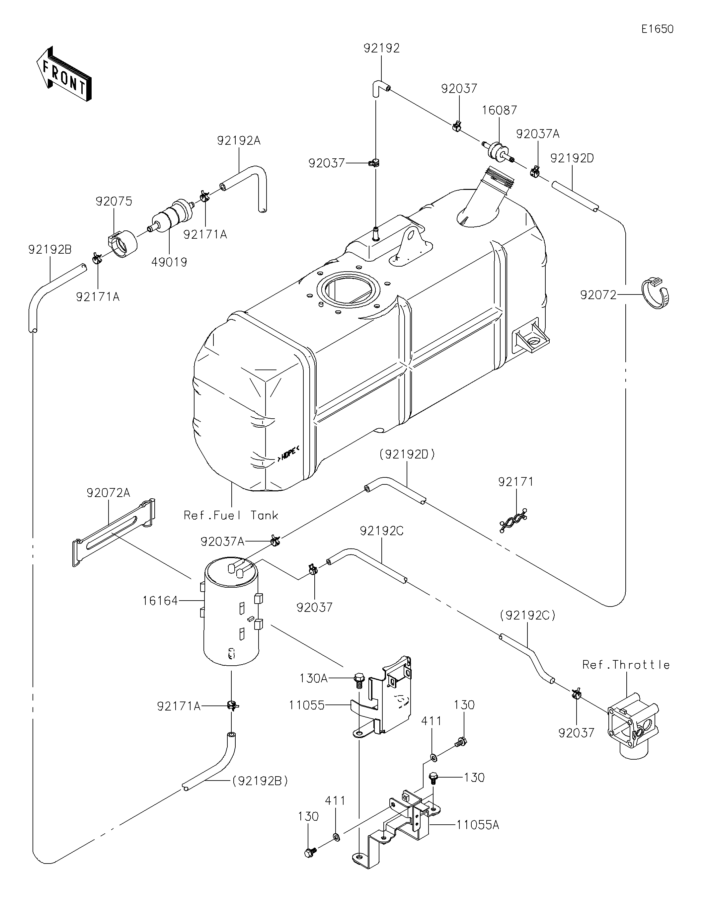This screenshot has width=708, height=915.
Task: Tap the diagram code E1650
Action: click(x=657, y=29)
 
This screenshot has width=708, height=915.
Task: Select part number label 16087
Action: click(x=499, y=110)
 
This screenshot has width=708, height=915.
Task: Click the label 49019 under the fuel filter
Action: click(x=169, y=262)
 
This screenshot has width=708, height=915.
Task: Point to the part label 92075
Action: click(x=114, y=201)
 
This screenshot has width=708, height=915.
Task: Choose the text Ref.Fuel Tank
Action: click(x=231, y=515)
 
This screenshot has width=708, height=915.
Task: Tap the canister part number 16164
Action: click(x=160, y=601)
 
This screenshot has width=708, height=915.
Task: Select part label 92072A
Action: click(x=109, y=493)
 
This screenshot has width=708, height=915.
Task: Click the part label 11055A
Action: click(x=478, y=825)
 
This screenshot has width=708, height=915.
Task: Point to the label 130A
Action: click(x=313, y=678)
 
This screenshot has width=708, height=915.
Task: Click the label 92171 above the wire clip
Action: click(x=516, y=482)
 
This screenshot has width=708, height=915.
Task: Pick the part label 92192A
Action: click(x=239, y=141)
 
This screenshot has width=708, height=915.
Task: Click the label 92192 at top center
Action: click(x=382, y=48)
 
